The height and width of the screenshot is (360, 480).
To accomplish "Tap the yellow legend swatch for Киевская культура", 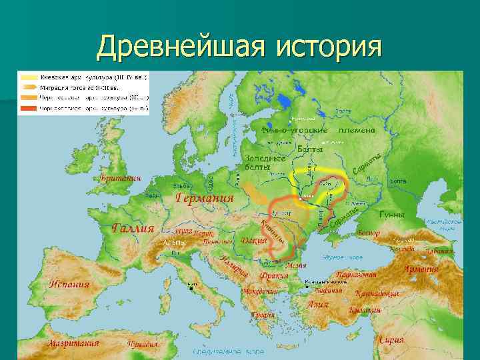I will pyautogui.click(x=28, y=77).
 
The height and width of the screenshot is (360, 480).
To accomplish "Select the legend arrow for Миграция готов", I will pyautogui.click(x=28, y=87).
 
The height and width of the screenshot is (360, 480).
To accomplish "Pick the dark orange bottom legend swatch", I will pyautogui.click(x=28, y=107).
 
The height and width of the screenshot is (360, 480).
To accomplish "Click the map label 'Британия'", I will pyautogui.click(x=121, y=179).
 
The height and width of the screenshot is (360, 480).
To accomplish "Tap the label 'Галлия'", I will pyautogui.click(x=133, y=229).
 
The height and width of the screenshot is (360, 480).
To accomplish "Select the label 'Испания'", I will pyautogui.click(x=69, y=284).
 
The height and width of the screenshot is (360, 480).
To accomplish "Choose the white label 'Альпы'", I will pyautogui.click(x=174, y=243).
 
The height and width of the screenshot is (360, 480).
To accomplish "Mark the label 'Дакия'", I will pyautogui.click(x=254, y=240).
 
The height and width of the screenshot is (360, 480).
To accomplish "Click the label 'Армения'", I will pyautogui.click(x=421, y=270).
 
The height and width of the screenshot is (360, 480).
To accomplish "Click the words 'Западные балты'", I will pyautogui.click(x=266, y=163).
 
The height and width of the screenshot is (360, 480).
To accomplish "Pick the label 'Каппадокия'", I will pyautogui.click(x=377, y=293).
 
